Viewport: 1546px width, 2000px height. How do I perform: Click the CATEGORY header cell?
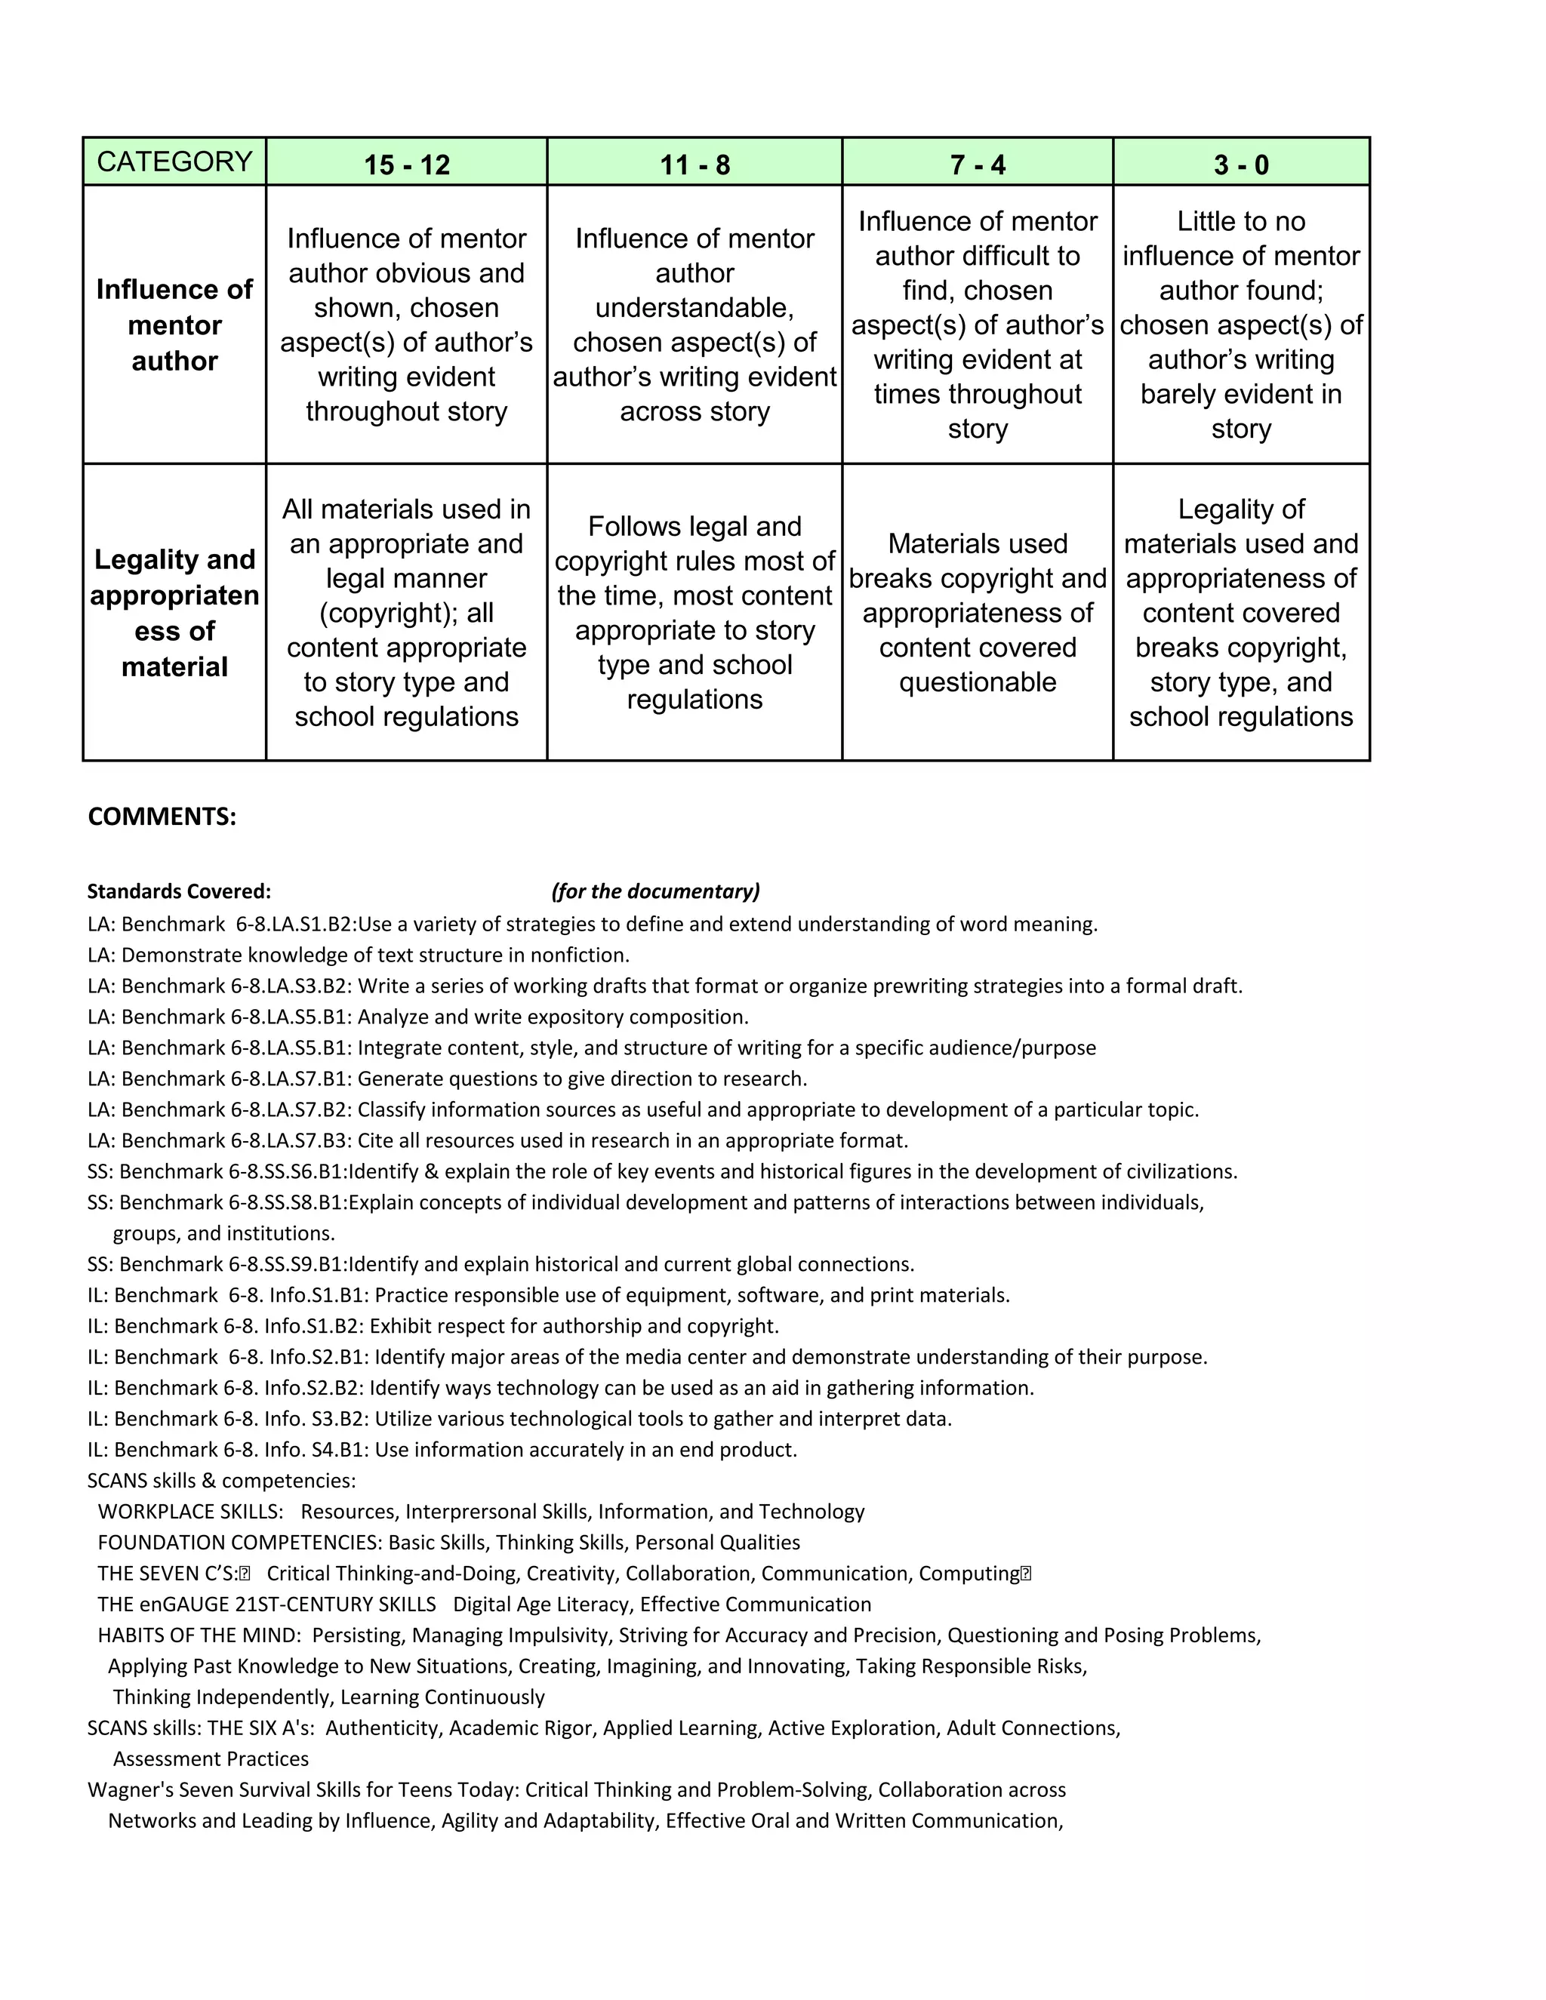tap(174, 162)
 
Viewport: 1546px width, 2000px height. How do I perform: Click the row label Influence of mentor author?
tap(174, 325)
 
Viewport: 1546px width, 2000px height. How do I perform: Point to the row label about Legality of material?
tap(174, 613)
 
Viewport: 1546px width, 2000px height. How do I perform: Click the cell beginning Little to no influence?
tap(1241, 325)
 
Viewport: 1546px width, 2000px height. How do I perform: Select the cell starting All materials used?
tap(407, 613)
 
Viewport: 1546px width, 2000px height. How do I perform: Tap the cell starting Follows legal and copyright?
tap(694, 613)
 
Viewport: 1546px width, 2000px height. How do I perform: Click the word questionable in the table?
tap(978, 682)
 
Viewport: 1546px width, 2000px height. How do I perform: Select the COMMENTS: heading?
tap(162, 817)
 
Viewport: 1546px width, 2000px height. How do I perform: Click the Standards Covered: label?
tap(179, 891)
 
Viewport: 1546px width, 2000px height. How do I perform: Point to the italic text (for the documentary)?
tap(656, 891)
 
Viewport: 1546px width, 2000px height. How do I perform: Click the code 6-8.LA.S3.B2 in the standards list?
tap(291, 986)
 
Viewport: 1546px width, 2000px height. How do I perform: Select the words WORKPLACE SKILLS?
tap(190, 1512)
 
